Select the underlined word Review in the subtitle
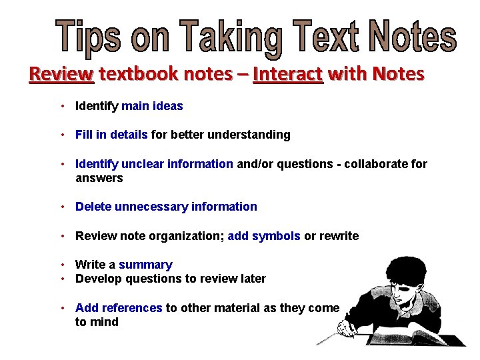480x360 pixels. (61, 74)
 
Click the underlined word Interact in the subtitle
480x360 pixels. (288, 74)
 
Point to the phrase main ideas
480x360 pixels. (152, 106)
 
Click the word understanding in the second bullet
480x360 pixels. (251, 135)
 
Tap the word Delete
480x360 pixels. (93, 207)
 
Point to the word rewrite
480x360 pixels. (339, 236)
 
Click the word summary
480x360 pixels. (145, 265)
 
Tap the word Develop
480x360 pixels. (97, 279)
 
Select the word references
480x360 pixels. (129, 308)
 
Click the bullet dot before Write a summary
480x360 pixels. (61, 265)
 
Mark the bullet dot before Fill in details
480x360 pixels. (61, 135)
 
